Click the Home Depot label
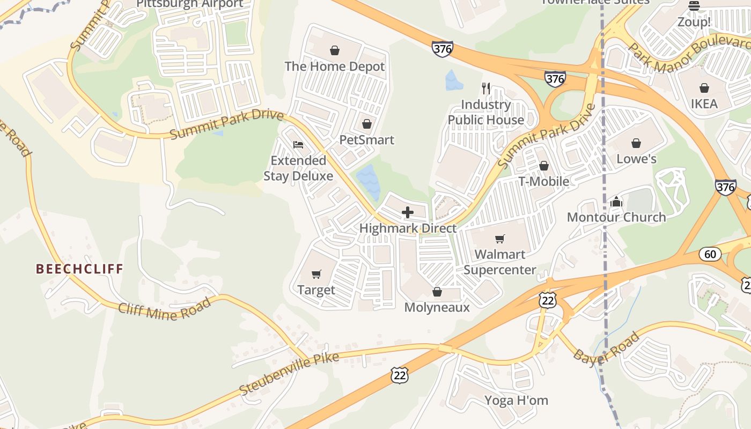pyautogui.click(x=334, y=66)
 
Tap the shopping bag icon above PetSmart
pyautogui.click(x=367, y=124)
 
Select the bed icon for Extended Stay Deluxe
pyautogui.click(x=298, y=145)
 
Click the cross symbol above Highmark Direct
pyautogui.click(x=408, y=212)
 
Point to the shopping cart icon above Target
pyautogui.click(x=316, y=275)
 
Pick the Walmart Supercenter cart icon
pyautogui.click(x=500, y=239)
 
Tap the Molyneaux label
pyautogui.click(x=437, y=307)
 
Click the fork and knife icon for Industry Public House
pyautogui.click(x=486, y=88)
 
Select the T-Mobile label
pyautogui.click(x=543, y=181)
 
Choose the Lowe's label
pyautogui.click(x=636, y=159)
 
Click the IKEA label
pyautogui.click(x=704, y=103)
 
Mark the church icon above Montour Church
pyautogui.click(x=616, y=202)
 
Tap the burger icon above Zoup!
pyautogui.click(x=694, y=6)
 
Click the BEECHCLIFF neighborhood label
pyautogui.click(x=79, y=269)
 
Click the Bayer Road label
pyautogui.click(x=607, y=347)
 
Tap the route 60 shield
pyautogui.click(x=710, y=254)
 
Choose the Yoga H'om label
pyautogui.click(x=516, y=400)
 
